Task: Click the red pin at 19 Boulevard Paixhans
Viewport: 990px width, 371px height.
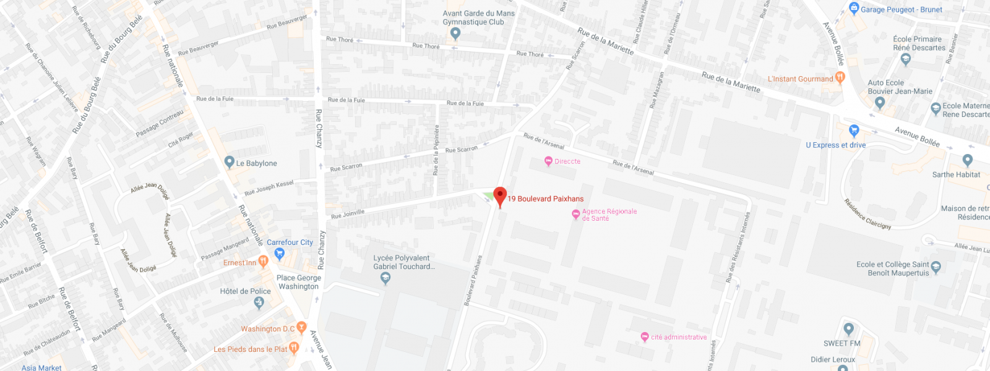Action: click(500, 195)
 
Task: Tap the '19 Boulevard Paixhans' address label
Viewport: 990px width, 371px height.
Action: click(545, 198)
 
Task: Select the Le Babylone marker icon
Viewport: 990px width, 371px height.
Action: click(230, 163)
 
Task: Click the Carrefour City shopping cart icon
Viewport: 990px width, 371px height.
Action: click(279, 254)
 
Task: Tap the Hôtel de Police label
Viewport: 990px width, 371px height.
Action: click(245, 291)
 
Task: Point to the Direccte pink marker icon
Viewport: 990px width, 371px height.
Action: click(548, 161)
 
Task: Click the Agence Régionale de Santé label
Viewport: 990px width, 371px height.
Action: click(609, 215)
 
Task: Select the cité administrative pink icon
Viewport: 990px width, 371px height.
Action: click(645, 337)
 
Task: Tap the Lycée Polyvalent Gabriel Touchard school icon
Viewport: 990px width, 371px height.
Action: click(385, 278)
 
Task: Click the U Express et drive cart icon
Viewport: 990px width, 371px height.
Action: click(854, 130)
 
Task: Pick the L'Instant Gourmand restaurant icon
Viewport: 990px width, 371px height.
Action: click(840, 78)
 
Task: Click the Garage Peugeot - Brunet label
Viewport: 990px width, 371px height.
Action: click(901, 10)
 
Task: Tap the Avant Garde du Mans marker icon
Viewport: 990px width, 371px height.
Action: click(455, 33)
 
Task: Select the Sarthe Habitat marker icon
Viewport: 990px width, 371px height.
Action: click(968, 160)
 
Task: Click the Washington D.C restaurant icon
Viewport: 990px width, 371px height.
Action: click(301, 327)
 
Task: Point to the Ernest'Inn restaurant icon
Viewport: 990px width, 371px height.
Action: click(263, 262)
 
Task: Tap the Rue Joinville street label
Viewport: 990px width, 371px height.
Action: click(348, 214)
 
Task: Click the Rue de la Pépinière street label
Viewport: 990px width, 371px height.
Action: click(436, 149)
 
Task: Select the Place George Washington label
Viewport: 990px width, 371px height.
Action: click(298, 282)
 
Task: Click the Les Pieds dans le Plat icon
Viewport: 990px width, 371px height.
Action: click(294, 348)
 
